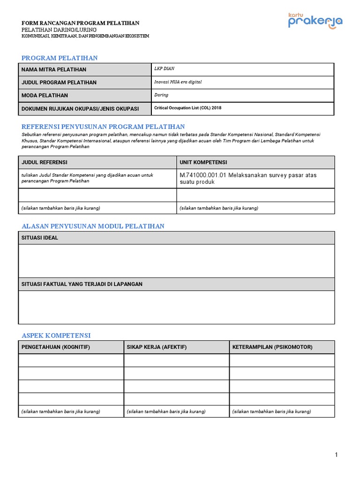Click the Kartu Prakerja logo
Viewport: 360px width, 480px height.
pos(315,21)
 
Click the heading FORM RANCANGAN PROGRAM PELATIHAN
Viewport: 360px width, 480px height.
pos(80,23)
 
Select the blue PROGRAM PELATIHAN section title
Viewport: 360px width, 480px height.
pos(60,58)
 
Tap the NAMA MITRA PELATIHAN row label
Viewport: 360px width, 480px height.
pos(54,70)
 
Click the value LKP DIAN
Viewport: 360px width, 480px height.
pos(164,68)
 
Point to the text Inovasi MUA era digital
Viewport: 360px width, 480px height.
pos(178,82)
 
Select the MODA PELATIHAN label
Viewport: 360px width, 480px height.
pos(45,96)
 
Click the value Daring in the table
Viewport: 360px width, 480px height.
pos(161,95)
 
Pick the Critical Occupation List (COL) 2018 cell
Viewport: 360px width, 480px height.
pos(188,108)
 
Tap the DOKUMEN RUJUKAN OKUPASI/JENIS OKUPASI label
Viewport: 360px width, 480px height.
pos(80,109)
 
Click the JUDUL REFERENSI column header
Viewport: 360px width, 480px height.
pos(45,162)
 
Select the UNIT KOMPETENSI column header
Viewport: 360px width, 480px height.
pos(203,162)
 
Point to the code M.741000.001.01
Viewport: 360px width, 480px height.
pos(202,175)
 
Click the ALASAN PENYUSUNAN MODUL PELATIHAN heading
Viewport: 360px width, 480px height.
pos(93,226)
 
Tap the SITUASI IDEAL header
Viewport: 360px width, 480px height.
pos(40,238)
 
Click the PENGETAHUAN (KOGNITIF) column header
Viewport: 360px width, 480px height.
pos(56,347)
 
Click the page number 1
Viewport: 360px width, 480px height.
pos(336,455)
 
